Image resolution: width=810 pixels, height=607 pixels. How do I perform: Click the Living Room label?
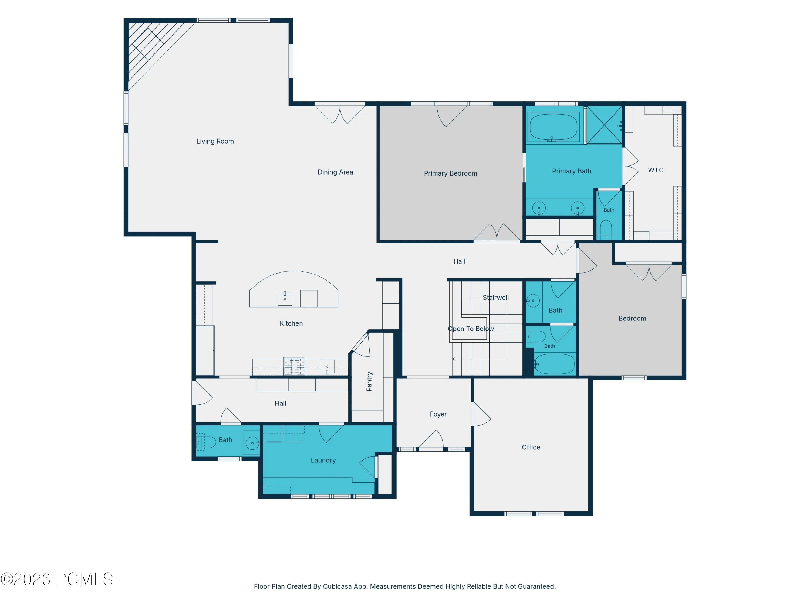[x=215, y=141]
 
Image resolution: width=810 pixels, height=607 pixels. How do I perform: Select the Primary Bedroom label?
[x=450, y=173]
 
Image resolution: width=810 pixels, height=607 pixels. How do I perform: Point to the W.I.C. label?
[x=657, y=170]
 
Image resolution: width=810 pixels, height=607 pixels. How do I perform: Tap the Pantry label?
[x=369, y=381]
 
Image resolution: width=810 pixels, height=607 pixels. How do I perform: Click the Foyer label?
[x=438, y=414]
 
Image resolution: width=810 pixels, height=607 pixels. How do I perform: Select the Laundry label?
[x=323, y=460]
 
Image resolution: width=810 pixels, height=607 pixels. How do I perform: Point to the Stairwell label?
[x=496, y=298]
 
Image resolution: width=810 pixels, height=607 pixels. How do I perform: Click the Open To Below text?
[x=471, y=329]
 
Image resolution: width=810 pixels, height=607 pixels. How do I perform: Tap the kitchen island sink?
[x=285, y=299]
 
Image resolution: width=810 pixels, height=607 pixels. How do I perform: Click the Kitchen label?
[x=291, y=323]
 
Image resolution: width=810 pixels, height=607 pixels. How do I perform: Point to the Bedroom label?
[x=632, y=318]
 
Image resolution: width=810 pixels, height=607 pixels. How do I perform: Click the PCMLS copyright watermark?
[x=57, y=579]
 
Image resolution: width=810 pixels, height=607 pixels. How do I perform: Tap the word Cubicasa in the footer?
[x=337, y=586]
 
